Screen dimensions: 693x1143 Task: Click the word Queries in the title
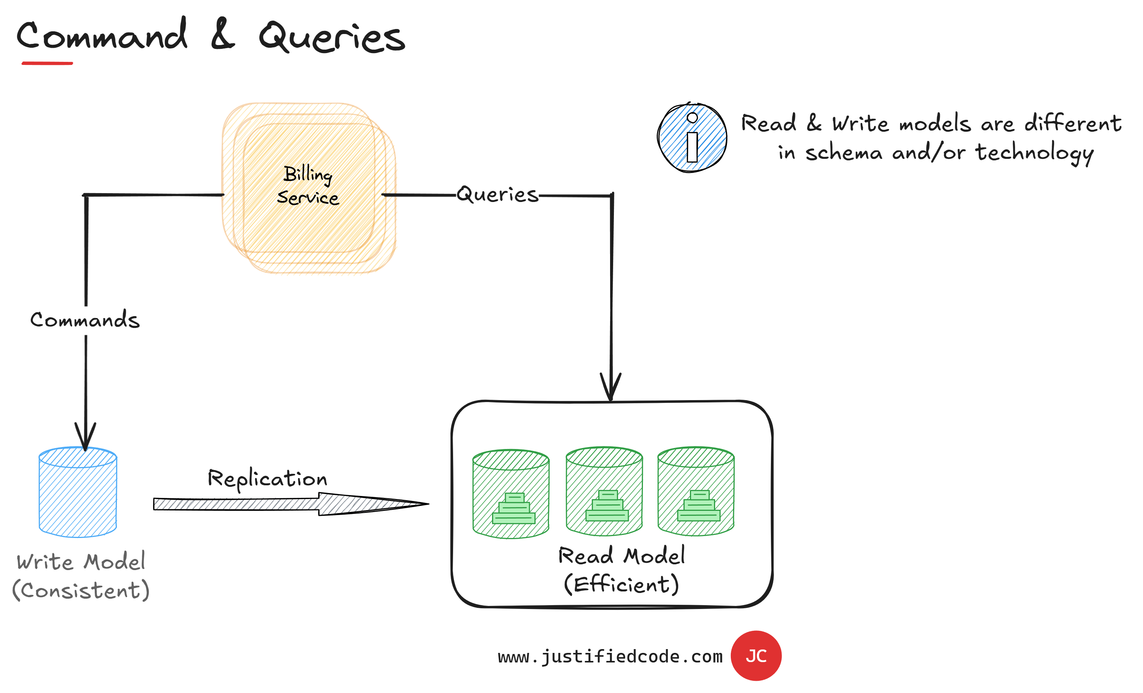coord(332,37)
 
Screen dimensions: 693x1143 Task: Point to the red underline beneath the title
coord(47,63)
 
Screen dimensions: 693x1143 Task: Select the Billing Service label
coord(308,186)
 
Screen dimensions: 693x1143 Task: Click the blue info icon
coord(691,138)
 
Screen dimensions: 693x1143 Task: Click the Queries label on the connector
coord(497,194)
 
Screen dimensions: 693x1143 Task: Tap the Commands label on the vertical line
coord(85,320)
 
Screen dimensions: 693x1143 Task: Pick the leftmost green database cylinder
coord(511,494)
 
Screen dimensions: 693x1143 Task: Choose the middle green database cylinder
coord(604,491)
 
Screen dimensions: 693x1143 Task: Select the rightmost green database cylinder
coord(695,491)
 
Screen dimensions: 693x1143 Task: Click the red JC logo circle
coord(756,656)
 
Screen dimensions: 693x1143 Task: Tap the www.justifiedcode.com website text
coord(610,656)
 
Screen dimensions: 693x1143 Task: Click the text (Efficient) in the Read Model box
coord(621,584)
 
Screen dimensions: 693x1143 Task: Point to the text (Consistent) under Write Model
coord(81,590)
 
